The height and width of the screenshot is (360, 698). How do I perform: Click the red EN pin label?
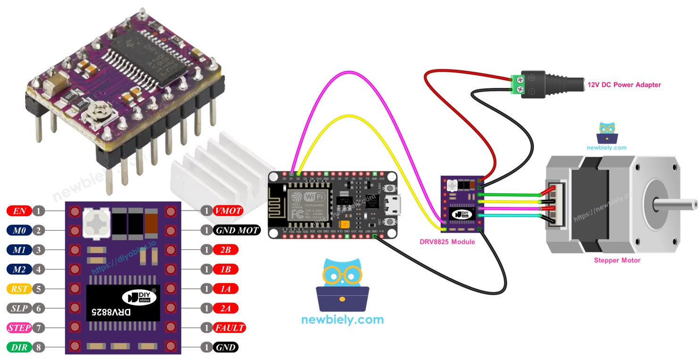[x=19, y=211]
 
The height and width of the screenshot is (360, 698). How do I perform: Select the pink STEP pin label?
[x=19, y=327]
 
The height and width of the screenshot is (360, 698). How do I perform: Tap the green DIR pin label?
[x=19, y=347]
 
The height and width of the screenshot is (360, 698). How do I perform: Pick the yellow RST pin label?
[x=19, y=289]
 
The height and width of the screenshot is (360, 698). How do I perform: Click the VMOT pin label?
[x=228, y=211]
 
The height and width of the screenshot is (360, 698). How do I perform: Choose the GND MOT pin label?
[x=236, y=230]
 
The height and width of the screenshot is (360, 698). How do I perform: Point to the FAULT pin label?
[x=229, y=327]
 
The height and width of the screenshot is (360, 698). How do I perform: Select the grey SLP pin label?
[x=19, y=308]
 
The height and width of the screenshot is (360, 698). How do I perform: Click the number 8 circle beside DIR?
[x=39, y=347]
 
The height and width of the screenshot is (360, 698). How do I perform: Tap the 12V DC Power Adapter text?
[x=623, y=85]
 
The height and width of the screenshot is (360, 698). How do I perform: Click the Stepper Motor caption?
[x=617, y=260]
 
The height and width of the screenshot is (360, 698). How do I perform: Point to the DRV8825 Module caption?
[x=447, y=242]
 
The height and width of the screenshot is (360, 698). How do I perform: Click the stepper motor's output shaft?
[x=675, y=204]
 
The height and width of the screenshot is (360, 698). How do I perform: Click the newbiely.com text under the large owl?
[x=342, y=319]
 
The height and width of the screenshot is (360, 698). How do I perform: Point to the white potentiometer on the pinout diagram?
[x=96, y=223]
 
